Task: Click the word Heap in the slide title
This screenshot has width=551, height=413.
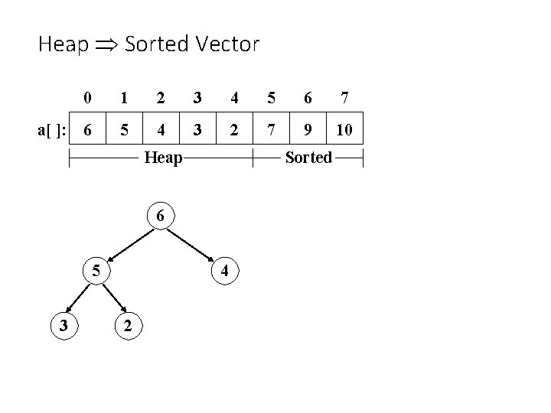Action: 63,44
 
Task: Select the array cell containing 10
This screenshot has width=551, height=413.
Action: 344,129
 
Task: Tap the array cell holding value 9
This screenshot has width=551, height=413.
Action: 307,129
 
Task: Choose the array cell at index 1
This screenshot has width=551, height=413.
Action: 125,129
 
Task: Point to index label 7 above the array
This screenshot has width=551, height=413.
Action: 345,98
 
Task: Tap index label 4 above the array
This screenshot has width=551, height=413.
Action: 234,98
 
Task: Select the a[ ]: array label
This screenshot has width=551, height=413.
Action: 51,130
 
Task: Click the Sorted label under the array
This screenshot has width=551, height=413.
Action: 308,158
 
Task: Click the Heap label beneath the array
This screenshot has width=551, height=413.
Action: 163,158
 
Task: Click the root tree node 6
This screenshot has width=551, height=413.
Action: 160,216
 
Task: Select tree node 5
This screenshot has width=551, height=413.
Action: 96,270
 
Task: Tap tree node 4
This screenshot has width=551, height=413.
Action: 223,270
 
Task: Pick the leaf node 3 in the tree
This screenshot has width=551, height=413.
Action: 64,325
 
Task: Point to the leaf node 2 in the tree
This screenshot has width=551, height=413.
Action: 127,325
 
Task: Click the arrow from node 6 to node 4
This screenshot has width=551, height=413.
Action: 192,243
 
